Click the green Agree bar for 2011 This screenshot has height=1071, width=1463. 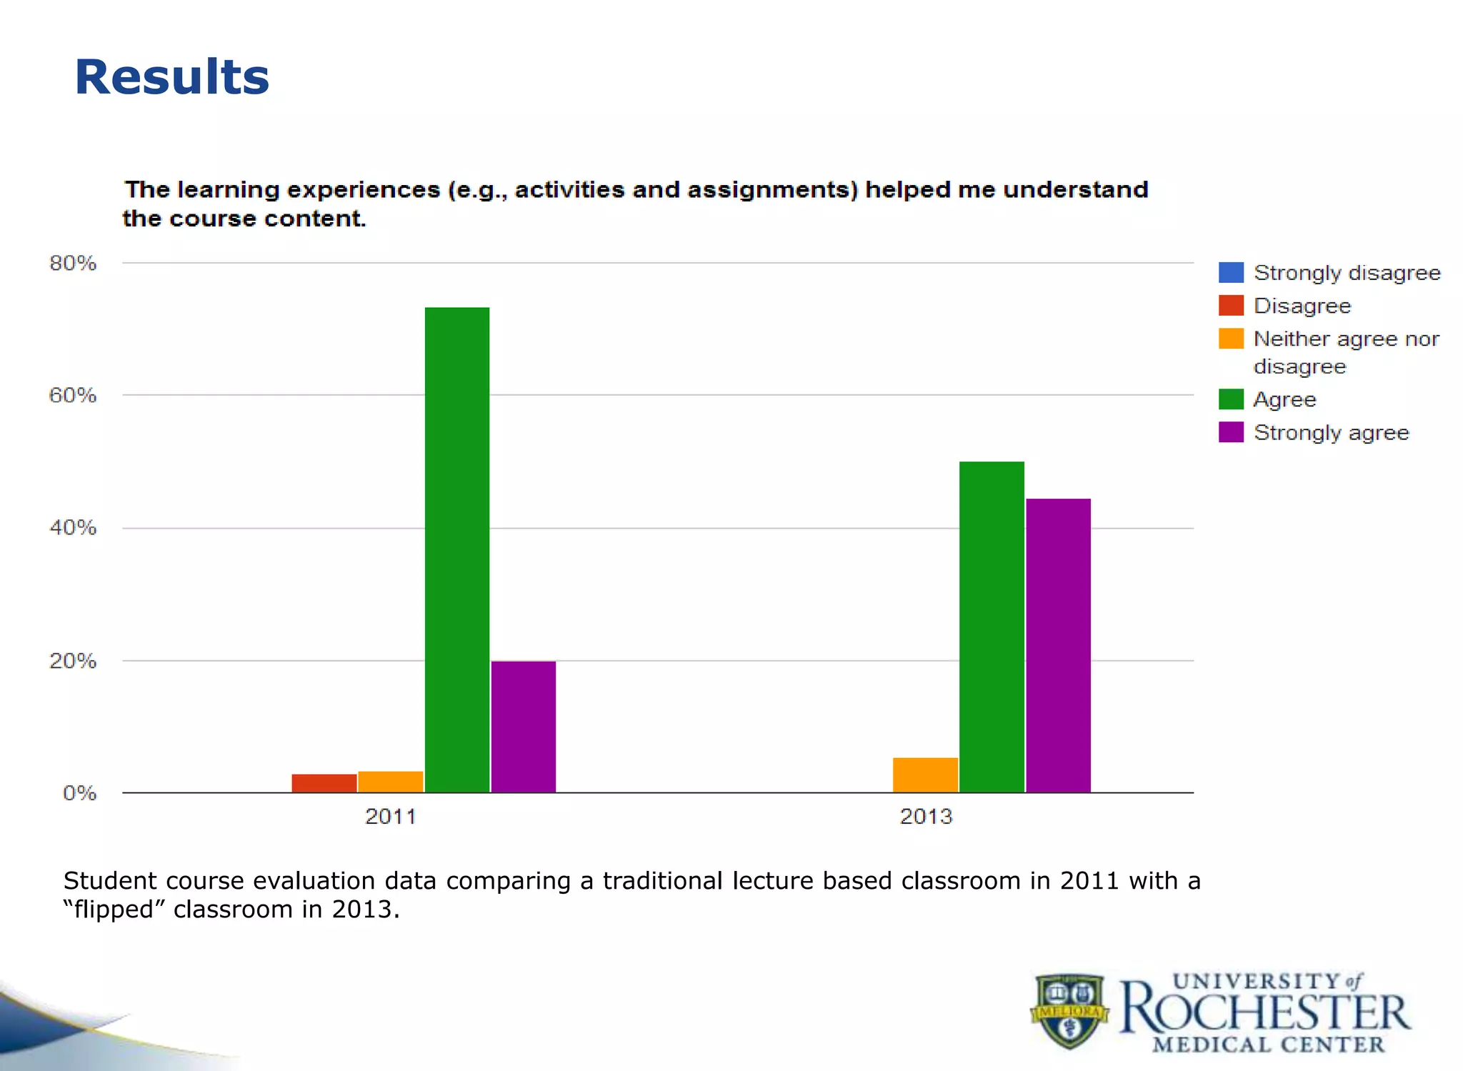pos(457,550)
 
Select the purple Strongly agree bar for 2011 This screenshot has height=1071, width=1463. pos(524,727)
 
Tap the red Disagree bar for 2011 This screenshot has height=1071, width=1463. pos(324,783)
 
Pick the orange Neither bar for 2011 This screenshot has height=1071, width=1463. pos(391,782)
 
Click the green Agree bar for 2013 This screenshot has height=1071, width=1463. pos(992,627)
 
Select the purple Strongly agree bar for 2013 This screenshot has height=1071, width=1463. pos(1058,645)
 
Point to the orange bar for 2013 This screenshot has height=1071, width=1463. pos(925,774)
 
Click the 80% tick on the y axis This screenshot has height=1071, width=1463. pos(73,263)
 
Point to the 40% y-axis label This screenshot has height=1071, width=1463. pos(73,528)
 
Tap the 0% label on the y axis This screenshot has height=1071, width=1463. pos(79,793)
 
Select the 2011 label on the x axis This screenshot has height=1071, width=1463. pos(390,816)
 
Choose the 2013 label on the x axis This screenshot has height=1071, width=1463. pos(926,816)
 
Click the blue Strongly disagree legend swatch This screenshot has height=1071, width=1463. pos(1231,272)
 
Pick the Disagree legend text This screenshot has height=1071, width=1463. pos(1302,306)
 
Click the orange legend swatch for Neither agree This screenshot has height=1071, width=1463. pos(1231,338)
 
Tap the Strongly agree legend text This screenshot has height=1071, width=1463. pos(1331,432)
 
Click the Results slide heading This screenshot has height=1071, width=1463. pos(172,77)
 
